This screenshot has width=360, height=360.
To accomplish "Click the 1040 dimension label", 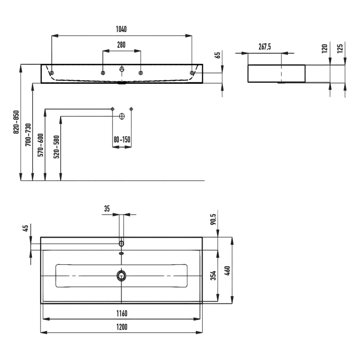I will pos(121,29).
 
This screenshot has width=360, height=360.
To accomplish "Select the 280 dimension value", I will pos(121,45).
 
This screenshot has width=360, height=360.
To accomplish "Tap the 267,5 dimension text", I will pos(265,46).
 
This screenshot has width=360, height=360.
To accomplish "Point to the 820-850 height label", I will pos(16,122).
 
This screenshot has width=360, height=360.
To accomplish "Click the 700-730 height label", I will pos(29,135).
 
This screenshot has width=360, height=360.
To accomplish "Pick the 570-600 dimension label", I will pos(41,146).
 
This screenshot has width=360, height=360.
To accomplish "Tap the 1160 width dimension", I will pos(121,313).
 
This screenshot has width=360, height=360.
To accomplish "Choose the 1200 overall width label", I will pos(121,327).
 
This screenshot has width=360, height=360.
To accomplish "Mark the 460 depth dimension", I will pos(227,270).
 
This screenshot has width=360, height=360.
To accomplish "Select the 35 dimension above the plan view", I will pos(107,208).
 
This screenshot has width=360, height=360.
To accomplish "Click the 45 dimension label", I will pos(24,228).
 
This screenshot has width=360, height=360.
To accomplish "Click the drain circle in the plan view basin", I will pos(121,276).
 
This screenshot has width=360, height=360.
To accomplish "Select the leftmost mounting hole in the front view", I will pos(51,73).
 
